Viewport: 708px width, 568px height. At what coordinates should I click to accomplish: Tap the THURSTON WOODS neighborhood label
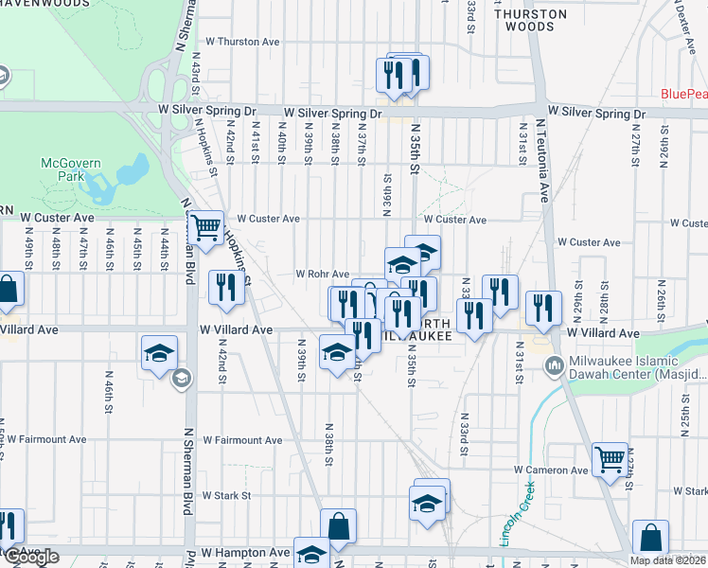531,20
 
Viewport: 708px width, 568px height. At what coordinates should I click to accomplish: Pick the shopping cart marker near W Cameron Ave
611,460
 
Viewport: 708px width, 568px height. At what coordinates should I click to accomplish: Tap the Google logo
32,557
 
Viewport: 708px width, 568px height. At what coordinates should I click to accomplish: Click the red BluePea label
683,94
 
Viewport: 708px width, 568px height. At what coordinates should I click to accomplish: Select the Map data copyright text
667,560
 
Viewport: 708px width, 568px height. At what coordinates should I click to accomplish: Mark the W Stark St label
225,495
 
